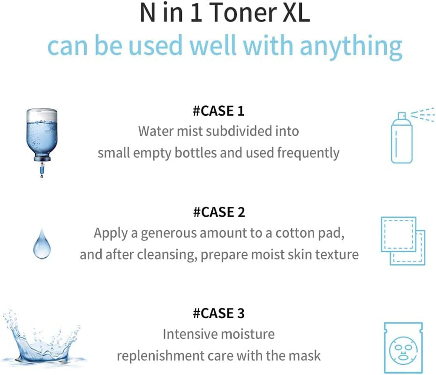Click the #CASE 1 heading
218,111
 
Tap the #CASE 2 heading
219,212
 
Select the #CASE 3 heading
219,313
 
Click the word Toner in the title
243,13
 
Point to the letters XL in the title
296,13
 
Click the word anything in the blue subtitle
351,46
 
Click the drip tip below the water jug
42,176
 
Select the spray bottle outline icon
401,138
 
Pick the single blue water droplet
42,244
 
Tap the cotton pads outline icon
403,241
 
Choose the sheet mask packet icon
403,347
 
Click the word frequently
308,153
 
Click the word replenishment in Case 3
160,356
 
